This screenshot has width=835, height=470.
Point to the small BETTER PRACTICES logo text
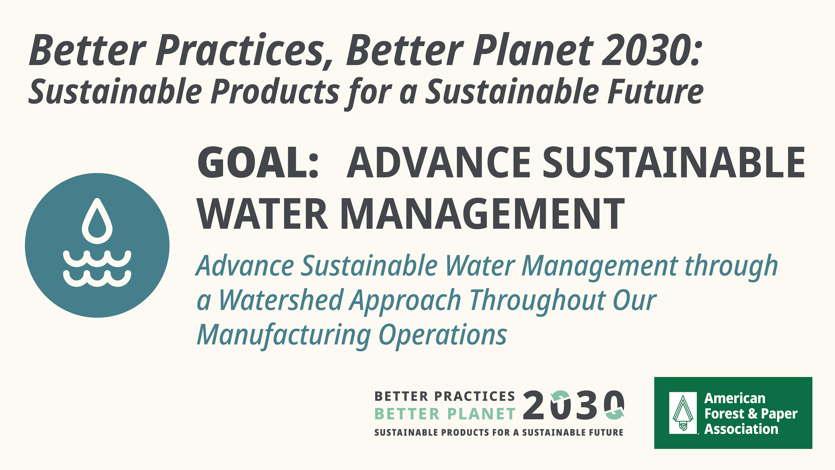point(445,396)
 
